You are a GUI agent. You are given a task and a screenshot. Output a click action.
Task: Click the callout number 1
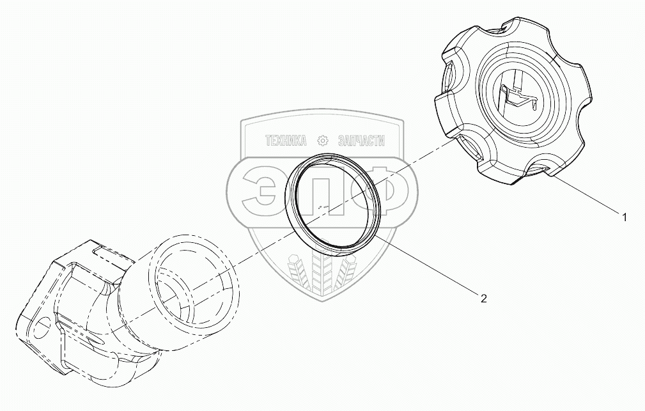click(624, 217)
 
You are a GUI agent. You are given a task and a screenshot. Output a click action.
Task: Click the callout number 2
click(483, 297)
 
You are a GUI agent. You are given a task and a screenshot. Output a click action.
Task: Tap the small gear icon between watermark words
click(323, 141)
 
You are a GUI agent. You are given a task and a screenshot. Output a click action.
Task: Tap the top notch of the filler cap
click(505, 28)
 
